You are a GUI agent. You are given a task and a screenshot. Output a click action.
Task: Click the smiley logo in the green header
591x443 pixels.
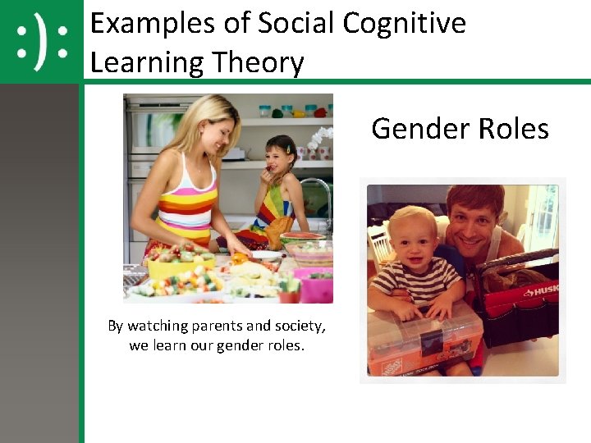pyautogui.click(x=41, y=42)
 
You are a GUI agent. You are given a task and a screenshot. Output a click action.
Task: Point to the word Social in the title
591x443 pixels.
pyautogui.click(x=294, y=23)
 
